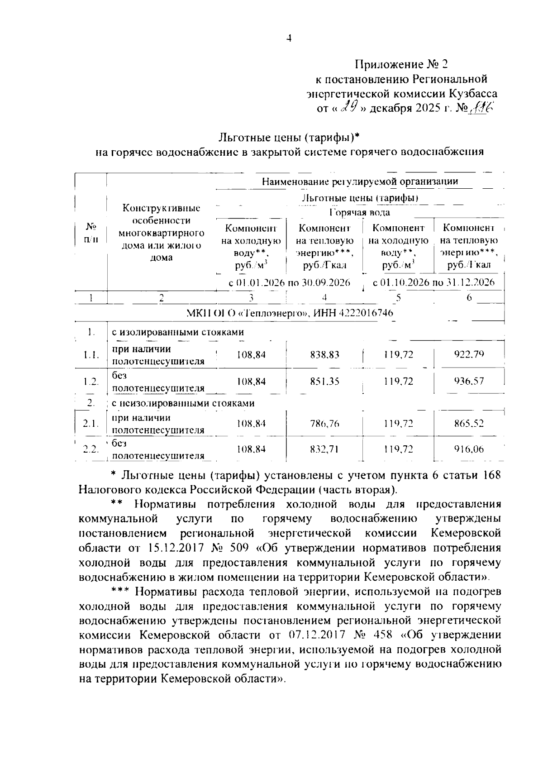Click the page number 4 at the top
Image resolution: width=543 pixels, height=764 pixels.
pos(289,39)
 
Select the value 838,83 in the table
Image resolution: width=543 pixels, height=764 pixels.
pos(324,355)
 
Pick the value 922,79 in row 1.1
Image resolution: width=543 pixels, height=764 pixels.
pos(469,354)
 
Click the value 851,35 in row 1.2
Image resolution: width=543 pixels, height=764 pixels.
pos(324,381)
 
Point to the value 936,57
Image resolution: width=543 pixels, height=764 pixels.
pos(469,381)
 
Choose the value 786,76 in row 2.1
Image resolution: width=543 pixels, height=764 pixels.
pos(324,424)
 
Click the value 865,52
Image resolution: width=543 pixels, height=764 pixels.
pos(469,424)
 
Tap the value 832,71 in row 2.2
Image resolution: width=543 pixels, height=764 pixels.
pos(324,449)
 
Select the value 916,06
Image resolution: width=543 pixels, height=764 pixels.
pos(469,449)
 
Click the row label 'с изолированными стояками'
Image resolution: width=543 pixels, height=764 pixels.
pos(181,332)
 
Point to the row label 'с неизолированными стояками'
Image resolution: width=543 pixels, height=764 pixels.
pos(183,403)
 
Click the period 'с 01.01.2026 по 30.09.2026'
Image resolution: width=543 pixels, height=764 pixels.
pos(290,283)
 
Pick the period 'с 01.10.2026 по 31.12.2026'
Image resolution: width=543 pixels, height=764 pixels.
pos(433,283)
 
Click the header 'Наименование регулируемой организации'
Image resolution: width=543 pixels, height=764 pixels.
pos(360,181)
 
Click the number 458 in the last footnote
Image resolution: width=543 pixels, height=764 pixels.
pos(380,635)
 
